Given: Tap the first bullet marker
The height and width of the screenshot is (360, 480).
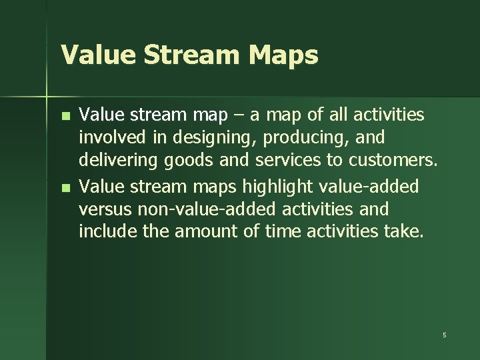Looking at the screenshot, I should tap(65, 116).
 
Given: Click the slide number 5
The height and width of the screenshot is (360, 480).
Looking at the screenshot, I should tap(444, 334).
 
